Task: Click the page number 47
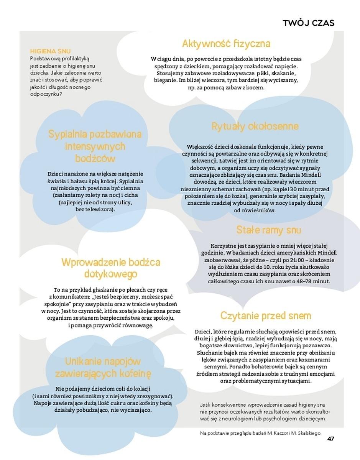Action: click(x=330, y=439)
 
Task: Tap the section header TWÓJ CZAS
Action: click(x=308, y=23)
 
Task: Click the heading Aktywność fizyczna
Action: click(x=226, y=44)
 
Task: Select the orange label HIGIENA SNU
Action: click(x=50, y=51)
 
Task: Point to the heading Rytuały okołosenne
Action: click(x=255, y=127)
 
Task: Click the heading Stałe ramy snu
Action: click(x=268, y=230)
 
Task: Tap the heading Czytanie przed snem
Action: click(x=265, y=316)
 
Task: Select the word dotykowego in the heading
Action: click(x=110, y=274)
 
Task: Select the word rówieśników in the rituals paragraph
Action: click(x=258, y=210)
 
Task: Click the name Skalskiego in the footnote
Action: click(x=307, y=433)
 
